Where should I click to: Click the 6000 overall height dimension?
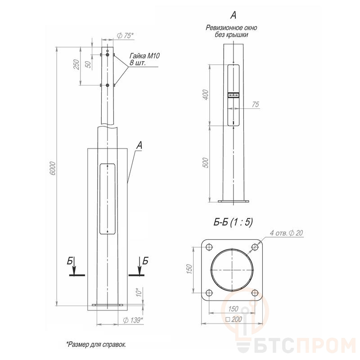(x=53, y=168)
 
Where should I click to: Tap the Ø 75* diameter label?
(x=125, y=36)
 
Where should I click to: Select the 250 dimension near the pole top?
(x=76, y=64)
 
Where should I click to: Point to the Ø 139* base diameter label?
(x=133, y=320)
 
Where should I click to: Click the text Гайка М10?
(x=144, y=56)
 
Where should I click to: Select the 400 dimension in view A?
(x=206, y=94)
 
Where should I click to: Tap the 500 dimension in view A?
(x=206, y=163)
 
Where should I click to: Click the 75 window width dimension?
(x=255, y=104)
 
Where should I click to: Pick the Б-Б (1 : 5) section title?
(x=233, y=222)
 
